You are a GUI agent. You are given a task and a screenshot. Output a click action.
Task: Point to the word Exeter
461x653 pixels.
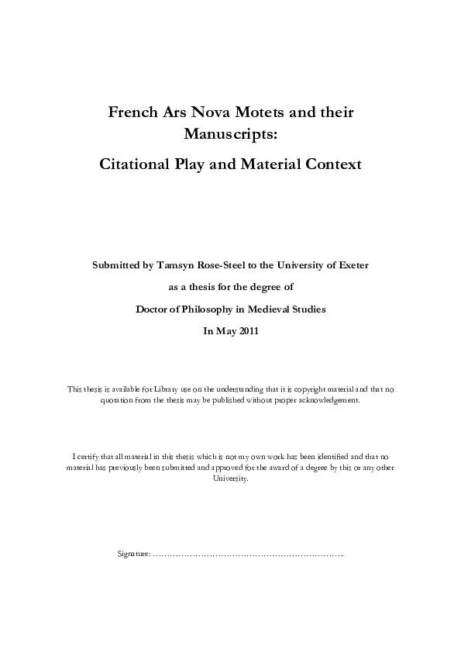click(x=353, y=264)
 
